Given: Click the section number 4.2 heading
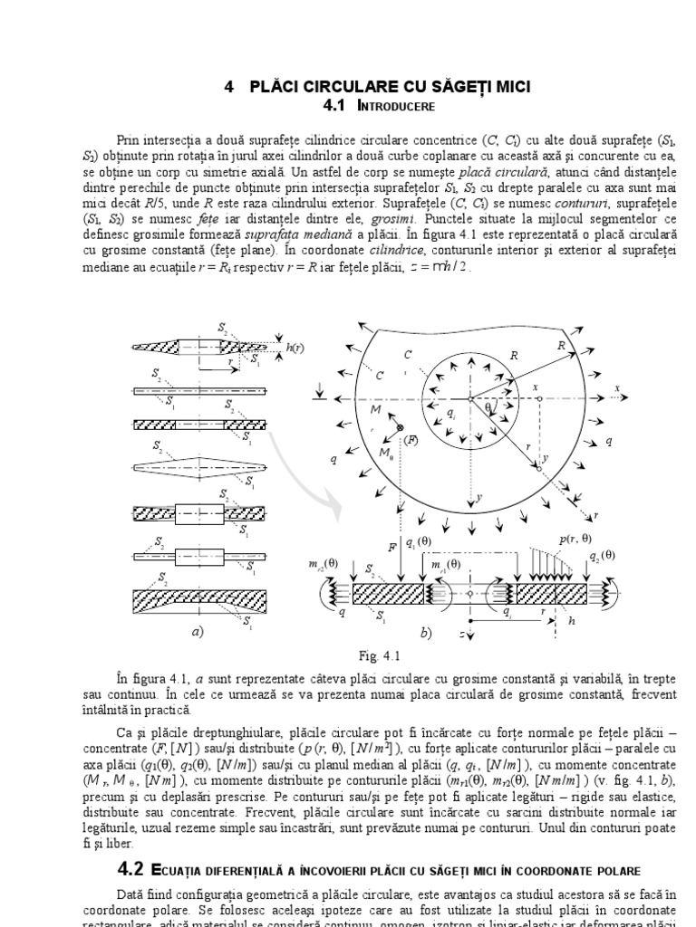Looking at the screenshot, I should [130, 870].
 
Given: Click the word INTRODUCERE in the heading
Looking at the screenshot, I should [398, 106].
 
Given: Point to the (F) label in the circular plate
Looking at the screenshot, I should [411, 440].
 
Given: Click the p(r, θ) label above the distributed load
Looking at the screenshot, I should [574, 540].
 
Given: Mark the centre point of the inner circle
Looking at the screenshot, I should [469, 398].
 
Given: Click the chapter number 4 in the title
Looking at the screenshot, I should [229, 86].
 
